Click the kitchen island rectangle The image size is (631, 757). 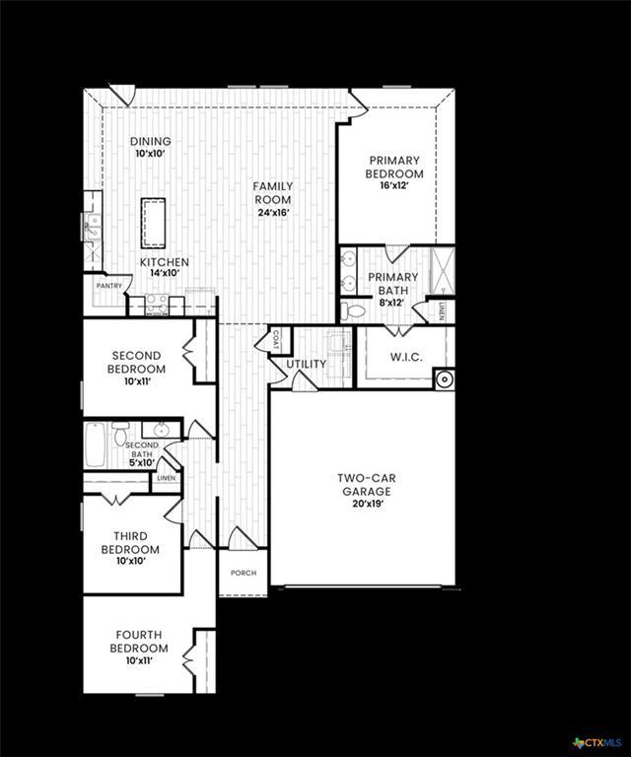pos(153,223)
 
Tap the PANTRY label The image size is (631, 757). pos(109,286)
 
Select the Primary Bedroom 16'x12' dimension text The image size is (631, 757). pos(394,185)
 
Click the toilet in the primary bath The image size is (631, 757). pos(353,311)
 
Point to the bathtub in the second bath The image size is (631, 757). pos(95,445)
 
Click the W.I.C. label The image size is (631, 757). pos(406,357)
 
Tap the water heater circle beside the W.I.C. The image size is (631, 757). pos(444,379)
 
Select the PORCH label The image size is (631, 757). pos(244,573)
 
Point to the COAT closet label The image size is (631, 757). pos(276,340)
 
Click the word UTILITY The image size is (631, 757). pos(306,364)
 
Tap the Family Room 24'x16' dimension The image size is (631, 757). pos(273,213)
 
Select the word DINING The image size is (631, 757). pos(151,142)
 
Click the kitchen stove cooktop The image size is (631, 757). pos(157,305)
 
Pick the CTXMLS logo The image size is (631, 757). pos(597,742)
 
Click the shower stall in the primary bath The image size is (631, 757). pos(443,271)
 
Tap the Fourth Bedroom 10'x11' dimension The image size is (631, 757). pos(139,660)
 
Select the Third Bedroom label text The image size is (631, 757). pos(130,543)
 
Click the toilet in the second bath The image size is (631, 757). pos(120,433)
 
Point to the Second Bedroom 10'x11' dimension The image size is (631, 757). pos(138,381)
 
